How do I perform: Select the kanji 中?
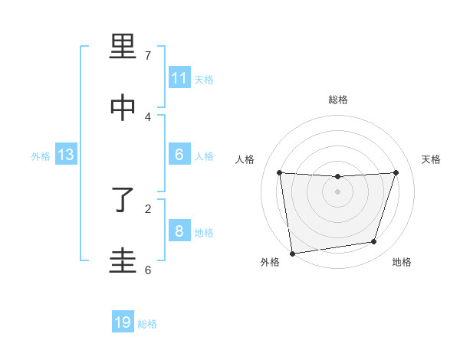pyautogui.click(x=123, y=108)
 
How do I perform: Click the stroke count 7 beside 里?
pyautogui.click(x=148, y=56)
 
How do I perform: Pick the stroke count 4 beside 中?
pyautogui.click(x=148, y=116)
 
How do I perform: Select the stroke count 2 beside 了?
pyautogui.click(x=148, y=208)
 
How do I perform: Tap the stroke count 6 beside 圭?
pyautogui.click(x=148, y=270)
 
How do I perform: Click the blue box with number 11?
pyautogui.click(x=179, y=78)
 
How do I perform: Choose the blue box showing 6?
pyautogui.click(x=179, y=155)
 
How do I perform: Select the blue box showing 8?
pyautogui.click(x=179, y=231)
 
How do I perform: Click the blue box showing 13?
pyautogui.click(x=66, y=155)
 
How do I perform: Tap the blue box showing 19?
pyautogui.click(x=123, y=322)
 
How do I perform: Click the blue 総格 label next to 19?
pyautogui.click(x=147, y=324)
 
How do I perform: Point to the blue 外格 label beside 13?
pyautogui.click(x=41, y=156)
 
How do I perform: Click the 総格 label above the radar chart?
pyautogui.click(x=338, y=100)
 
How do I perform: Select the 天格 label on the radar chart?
pyautogui.click(x=432, y=159)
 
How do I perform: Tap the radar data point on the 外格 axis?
pyautogui.click(x=292, y=253)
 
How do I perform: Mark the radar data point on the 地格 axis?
pyautogui.click(x=374, y=242)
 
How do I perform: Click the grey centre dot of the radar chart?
pyautogui.click(x=338, y=191)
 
